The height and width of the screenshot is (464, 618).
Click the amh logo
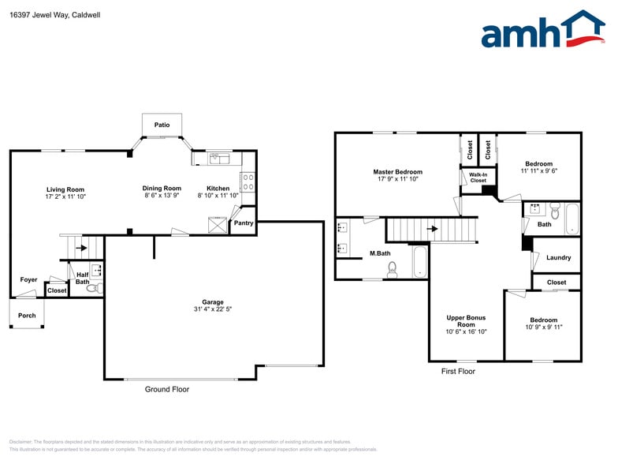pos(543,32)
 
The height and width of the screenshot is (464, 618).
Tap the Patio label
pos(162,125)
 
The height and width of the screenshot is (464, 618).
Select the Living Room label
pos(65,189)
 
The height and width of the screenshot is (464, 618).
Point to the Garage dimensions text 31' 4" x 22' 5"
pos(213,309)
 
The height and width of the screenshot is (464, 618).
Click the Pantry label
pos(244,223)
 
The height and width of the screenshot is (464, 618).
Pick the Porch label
pos(27,315)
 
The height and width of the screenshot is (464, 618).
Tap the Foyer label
pos(28,279)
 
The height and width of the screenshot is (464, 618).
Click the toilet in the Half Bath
pos(94,289)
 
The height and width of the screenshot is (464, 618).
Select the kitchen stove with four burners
pos(248,182)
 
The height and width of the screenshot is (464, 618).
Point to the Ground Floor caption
pos(167,389)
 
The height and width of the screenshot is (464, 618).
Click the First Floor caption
pos(458,371)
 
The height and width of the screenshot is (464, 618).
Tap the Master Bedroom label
pos(397,172)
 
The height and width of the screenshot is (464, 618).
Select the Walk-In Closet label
pos(478,178)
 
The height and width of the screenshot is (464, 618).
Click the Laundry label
pos(558,258)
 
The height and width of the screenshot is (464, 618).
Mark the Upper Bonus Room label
pos(466,321)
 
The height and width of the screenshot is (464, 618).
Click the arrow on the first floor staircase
pos(432,229)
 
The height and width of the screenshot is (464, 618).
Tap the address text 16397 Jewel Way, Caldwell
pos(49,15)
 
